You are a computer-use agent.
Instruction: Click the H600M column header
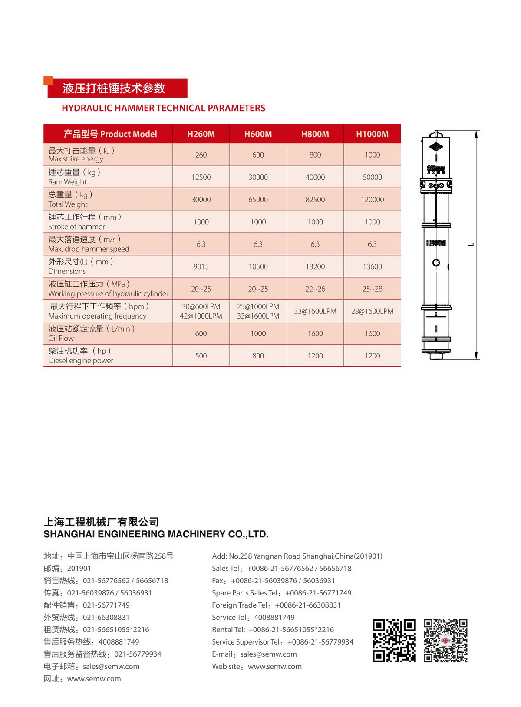(x=258, y=134)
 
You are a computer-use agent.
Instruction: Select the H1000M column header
(x=372, y=134)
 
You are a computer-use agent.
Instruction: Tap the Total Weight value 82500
(x=315, y=200)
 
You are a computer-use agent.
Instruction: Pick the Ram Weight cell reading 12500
(x=201, y=178)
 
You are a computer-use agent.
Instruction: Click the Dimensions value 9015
(x=201, y=267)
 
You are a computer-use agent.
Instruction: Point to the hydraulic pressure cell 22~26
(x=315, y=289)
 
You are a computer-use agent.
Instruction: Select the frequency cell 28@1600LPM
(x=372, y=311)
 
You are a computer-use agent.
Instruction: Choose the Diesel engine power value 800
(x=258, y=356)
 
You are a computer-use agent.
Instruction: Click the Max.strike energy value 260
(x=201, y=155)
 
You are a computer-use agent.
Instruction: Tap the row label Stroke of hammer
(x=77, y=227)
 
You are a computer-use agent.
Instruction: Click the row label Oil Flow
(x=61, y=338)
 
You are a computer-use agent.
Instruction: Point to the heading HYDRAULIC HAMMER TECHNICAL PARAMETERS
(x=163, y=108)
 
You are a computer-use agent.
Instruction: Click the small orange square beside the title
(x=48, y=80)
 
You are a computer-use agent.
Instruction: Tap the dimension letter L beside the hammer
(x=471, y=245)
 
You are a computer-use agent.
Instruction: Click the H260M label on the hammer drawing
(x=436, y=243)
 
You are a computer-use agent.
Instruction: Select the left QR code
(x=394, y=641)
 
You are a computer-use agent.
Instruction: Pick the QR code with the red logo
(x=445, y=641)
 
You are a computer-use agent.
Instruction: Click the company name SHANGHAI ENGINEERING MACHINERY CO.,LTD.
(x=156, y=534)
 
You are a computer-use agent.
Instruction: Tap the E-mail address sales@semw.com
(x=268, y=654)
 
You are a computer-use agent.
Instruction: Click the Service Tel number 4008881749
(x=274, y=618)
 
